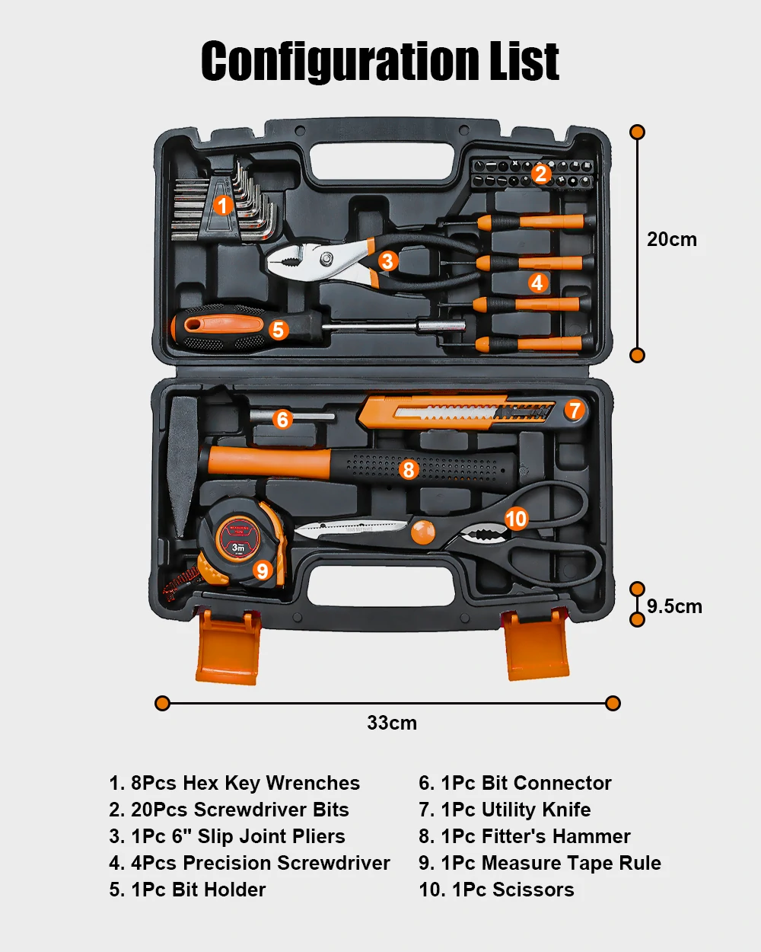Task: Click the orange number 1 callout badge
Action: click(222, 206)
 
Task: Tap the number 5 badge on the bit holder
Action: click(278, 330)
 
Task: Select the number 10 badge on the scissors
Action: click(516, 519)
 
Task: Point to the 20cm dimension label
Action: click(672, 239)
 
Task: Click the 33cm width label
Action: click(392, 723)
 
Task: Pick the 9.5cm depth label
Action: click(674, 606)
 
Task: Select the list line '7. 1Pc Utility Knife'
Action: click(505, 810)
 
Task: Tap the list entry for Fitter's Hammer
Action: click(524, 836)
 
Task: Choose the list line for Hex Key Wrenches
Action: click(234, 783)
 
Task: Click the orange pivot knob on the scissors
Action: click(422, 532)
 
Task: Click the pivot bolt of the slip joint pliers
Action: click(326, 257)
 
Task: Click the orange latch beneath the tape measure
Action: click(228, 647)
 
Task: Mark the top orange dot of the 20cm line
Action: click(637, 132)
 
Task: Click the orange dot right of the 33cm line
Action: click(613, 703)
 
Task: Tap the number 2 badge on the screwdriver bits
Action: click(541, 174)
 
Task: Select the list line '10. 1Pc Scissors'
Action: click(497, 890)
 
